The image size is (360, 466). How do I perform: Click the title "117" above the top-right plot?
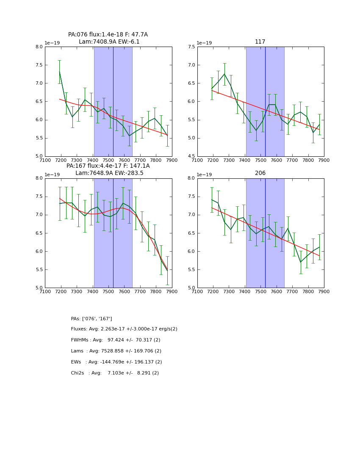[260, 42]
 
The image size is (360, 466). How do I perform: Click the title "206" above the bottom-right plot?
[260, 173]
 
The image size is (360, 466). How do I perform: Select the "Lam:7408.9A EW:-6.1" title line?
[109, 42]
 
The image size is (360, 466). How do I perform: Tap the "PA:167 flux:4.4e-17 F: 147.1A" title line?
[108, 166]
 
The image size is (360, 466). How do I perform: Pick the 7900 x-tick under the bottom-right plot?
[324, 291]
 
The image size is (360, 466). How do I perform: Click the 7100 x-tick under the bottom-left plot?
[45, 291]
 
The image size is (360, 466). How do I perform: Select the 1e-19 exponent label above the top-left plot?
[53, 43]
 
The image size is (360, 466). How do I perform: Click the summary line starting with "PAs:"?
[91, 319]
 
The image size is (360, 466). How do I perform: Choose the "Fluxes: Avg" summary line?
[124, 329]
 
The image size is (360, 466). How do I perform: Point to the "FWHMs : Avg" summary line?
[116, 340]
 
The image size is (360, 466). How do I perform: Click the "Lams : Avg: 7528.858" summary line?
[116, 351]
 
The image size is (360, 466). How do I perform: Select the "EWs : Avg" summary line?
[116, 362]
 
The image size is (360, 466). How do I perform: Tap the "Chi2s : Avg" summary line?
[115, 373]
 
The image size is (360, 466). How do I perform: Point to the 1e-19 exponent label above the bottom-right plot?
[205, 175]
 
